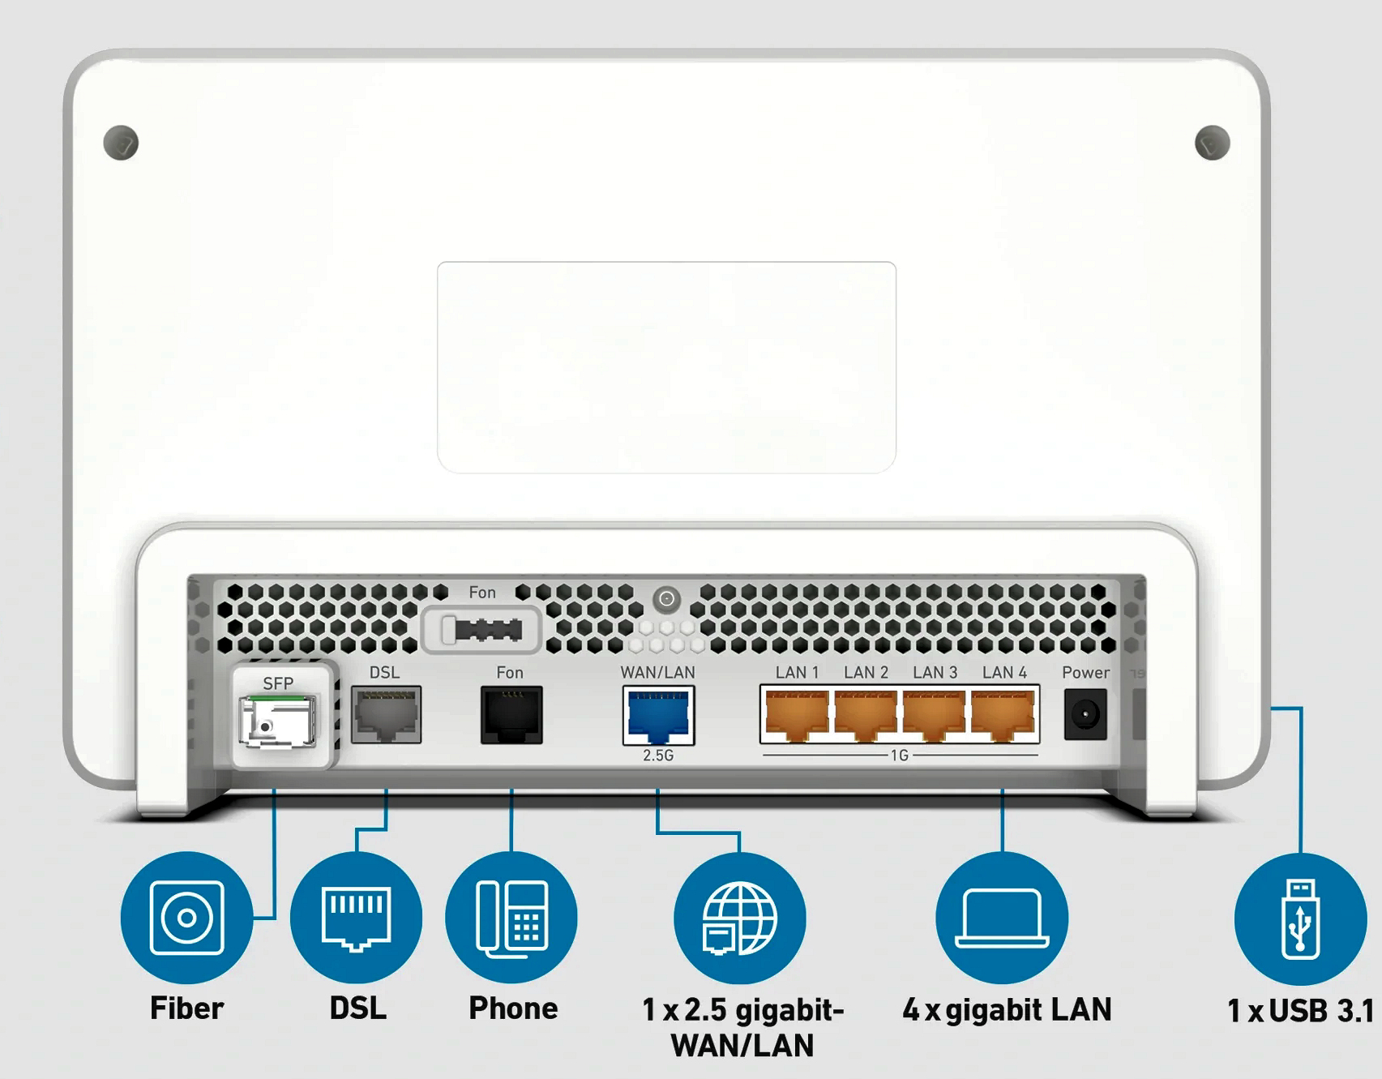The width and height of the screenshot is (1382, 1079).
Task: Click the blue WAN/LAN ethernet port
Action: click(x=658, y=715)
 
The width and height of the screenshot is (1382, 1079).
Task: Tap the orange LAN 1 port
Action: click(x=796, y=714)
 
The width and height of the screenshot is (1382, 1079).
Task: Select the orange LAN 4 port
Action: click(x=1003, y=714)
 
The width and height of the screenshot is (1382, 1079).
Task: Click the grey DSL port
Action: click(x=386, y=714)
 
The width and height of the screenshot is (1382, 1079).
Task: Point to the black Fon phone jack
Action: click(x=511, y=714)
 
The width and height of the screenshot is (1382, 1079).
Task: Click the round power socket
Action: click(x=1085, y=714)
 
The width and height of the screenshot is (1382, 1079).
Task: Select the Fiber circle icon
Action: click(x=186, y=918)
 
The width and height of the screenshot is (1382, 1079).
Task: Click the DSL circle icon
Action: click(x=356, y=918)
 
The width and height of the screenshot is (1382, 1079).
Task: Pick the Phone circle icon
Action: click(x=511, y=918)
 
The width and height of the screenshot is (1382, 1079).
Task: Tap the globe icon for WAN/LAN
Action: click(x=739, y=918)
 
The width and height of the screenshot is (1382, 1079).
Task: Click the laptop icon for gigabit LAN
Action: click(x=1002, y=918)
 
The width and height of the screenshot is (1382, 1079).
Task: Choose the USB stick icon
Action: click(x=1300, y=919)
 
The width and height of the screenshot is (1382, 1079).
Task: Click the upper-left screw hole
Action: click(x=122, y=143)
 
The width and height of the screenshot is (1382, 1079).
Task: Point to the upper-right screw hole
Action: click(x=1212, y=143)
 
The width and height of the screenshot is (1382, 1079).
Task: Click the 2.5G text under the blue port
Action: click(x=658, y=756)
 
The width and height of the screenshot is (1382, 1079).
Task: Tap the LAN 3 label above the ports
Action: click(x=935, y=673)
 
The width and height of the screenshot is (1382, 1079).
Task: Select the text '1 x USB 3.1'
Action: click(x=1300, y=1011)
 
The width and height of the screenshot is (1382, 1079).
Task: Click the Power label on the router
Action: click(x=1085, y=673)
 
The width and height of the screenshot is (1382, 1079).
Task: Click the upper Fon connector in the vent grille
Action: click(x=481, y=630)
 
